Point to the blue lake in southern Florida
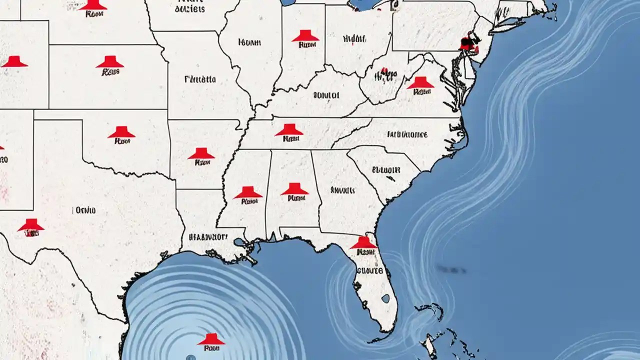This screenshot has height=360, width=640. pyautogui.click(x=385, y=298)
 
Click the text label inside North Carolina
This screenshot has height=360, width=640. pyautogui.click(x=407, y=134)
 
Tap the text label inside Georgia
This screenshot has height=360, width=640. pyautogui.click(x=342, y=190)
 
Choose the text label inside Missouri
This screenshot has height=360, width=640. pyautogui.click(x=200, y=79)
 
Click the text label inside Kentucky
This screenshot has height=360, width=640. pyautogui.click(x=326, y=94)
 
